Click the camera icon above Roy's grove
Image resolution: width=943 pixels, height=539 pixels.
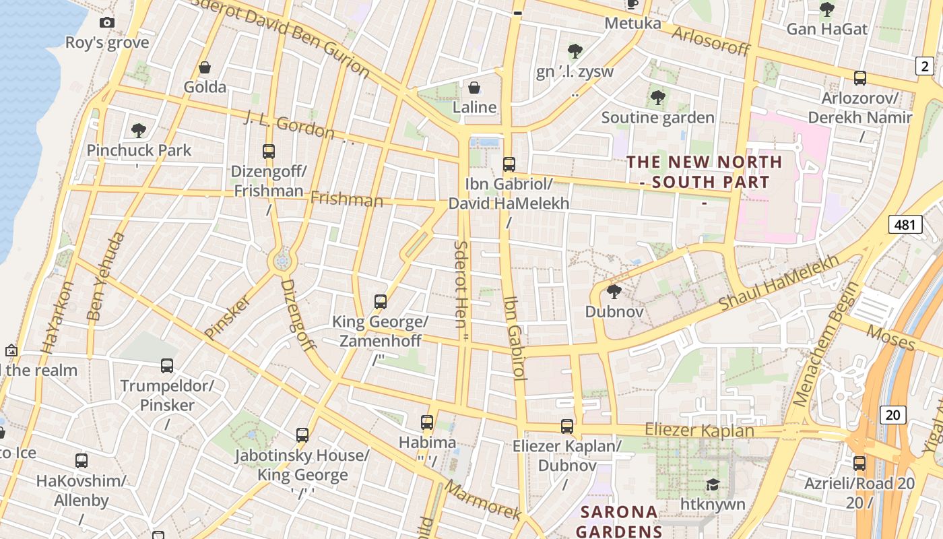point(106,23)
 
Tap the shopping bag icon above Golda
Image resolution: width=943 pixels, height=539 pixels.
point(205,67)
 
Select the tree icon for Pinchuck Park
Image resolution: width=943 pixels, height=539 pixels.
point(139,130)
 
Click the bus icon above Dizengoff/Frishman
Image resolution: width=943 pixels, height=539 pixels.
point(269,151)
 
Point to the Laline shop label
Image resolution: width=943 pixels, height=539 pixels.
point(474,107)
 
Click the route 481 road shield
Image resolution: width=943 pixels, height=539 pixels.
point(905,224)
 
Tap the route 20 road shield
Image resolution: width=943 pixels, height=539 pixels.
point(892,414)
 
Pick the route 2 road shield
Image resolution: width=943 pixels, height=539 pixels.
point(925,66)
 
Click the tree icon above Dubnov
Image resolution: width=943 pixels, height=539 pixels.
point(614,292)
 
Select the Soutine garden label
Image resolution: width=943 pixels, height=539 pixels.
point(657,118)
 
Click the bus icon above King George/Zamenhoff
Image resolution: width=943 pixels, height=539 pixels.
point(381,301)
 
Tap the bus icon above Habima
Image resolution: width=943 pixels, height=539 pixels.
point(427,422)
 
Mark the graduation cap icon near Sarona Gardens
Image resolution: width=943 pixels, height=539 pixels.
point(712,484)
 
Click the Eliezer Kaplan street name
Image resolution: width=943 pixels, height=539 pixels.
point(699,430)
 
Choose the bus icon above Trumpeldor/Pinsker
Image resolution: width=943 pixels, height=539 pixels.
point(167,366)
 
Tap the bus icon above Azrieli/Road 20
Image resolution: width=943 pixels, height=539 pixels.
point(859,463)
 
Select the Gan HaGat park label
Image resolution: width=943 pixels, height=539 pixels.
point(827,30)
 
